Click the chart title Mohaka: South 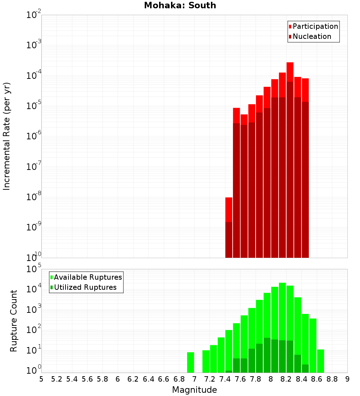click(x=180, y=6)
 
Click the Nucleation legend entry click(x=312, y=36)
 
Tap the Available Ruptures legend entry click(x=88, y=277)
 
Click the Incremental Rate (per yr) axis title click(x=6, y=136)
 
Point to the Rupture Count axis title click(x=14, y=321)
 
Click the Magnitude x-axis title click(x=194, y=390)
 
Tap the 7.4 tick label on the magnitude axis click(x=225, y=379)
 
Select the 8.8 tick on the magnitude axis click(x=332, y=379)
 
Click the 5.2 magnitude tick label click(x=57, y=379)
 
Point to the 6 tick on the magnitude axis click(x=118, y=379)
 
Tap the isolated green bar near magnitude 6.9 click(x=190, y=362)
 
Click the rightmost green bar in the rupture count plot click(x=320, y=361)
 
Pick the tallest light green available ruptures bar click(x=282, y=310)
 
